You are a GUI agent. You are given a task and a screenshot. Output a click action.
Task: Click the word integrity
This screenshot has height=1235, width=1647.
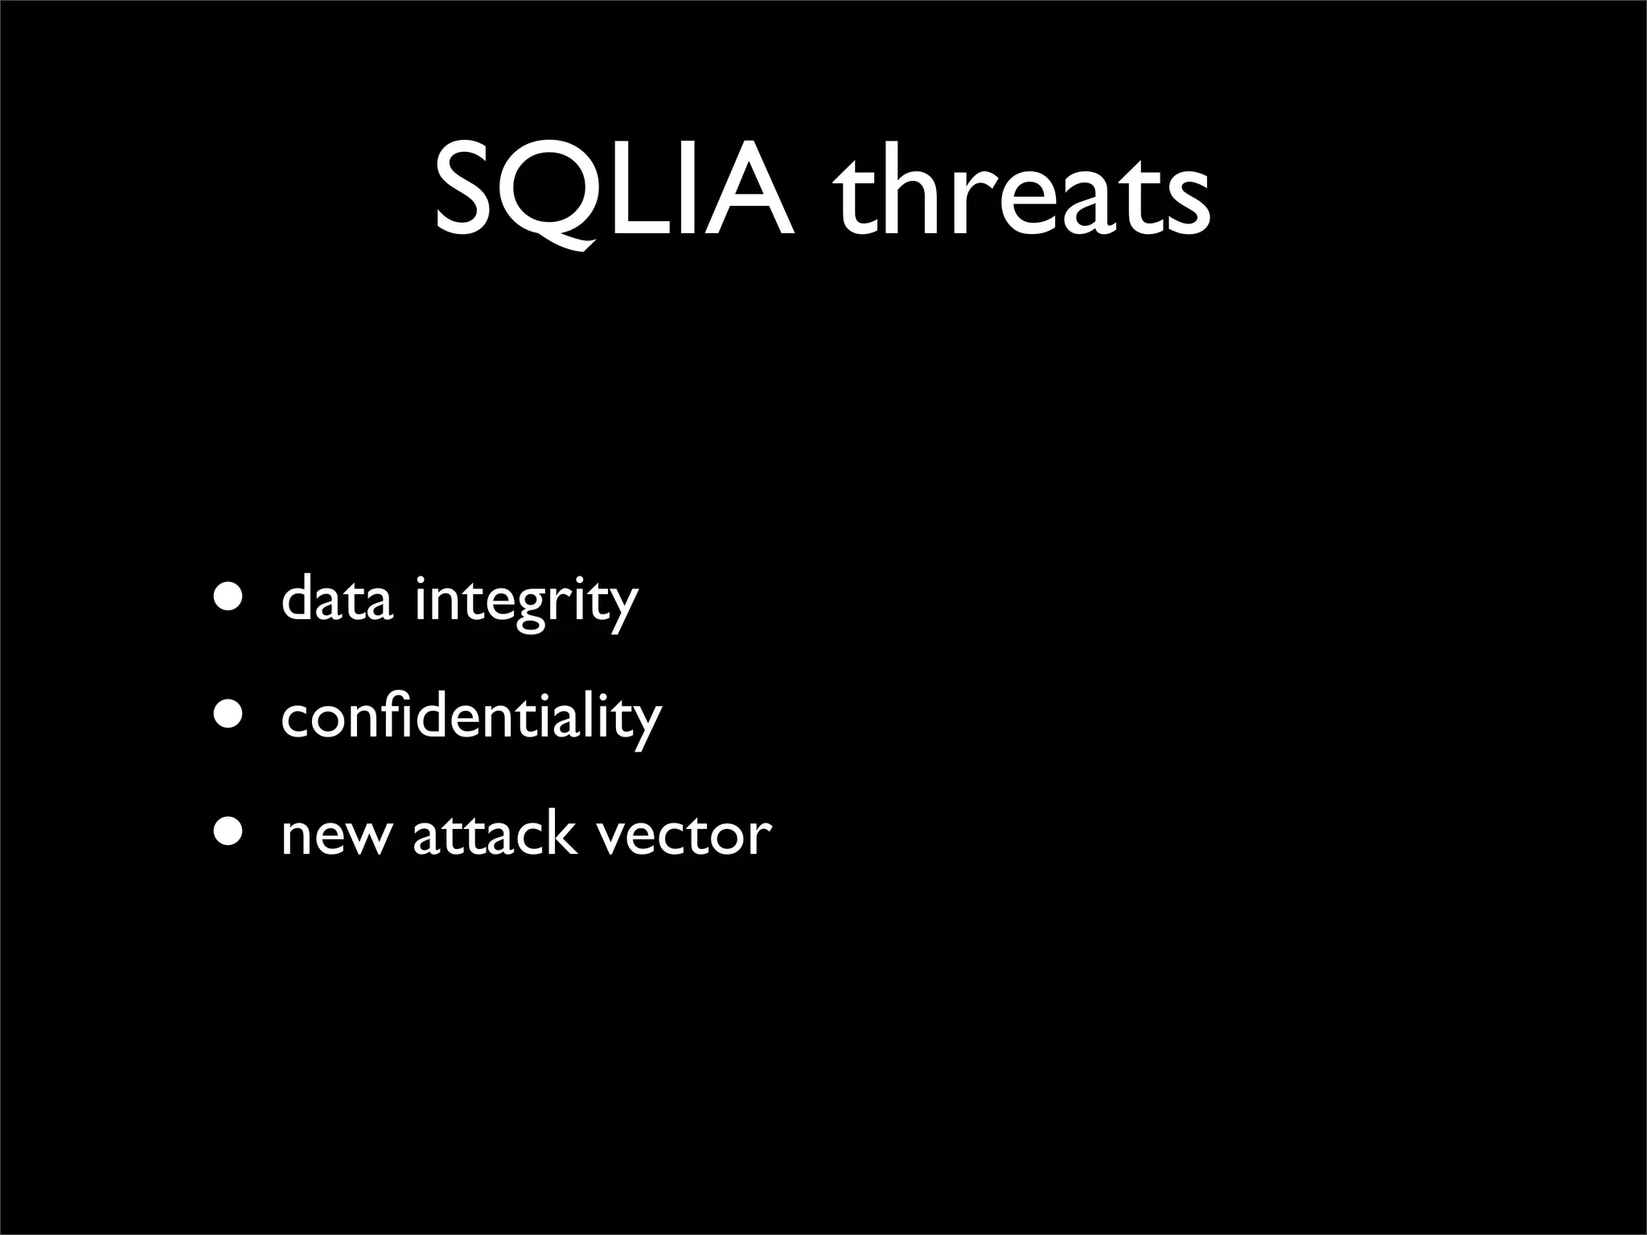click(525, 602)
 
